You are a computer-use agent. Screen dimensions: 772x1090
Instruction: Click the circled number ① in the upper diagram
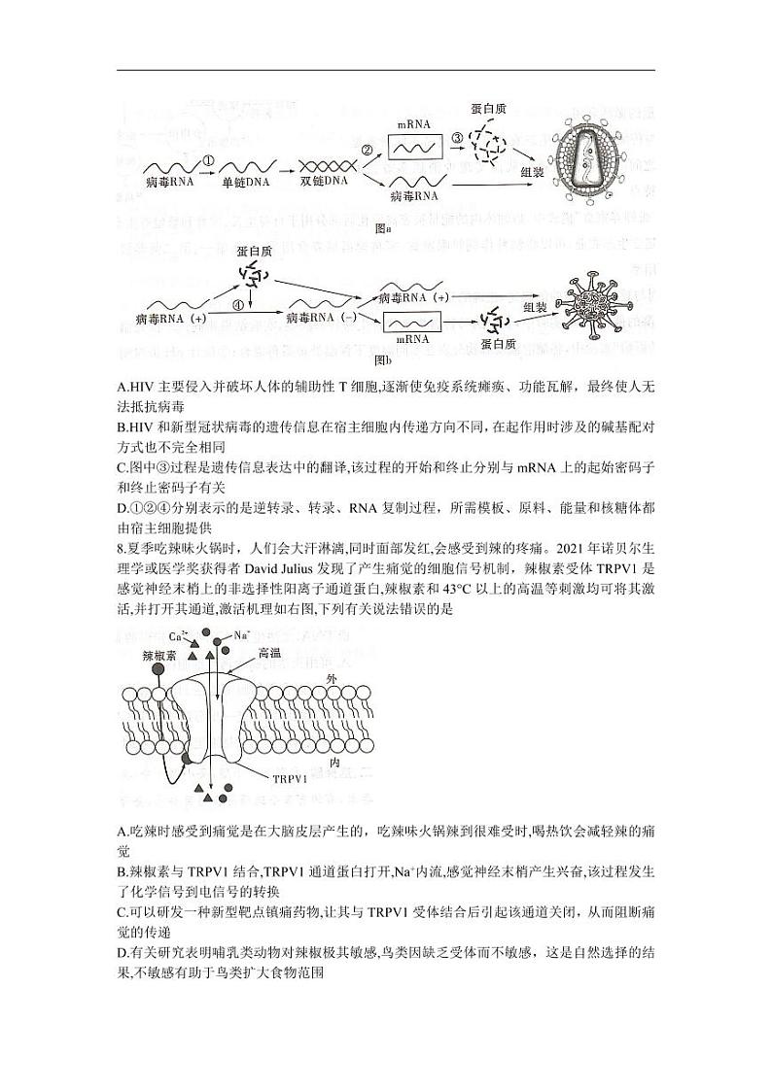pos(207,159)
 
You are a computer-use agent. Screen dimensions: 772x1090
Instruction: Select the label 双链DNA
pos(325,183)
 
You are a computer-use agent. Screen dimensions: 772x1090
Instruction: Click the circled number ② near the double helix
pos(368,151)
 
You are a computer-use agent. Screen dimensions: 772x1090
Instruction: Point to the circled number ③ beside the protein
pos(457,140)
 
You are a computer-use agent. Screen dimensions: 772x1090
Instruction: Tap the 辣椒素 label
pos(158,656)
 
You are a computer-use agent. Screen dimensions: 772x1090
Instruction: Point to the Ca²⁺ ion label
pos(178,636)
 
